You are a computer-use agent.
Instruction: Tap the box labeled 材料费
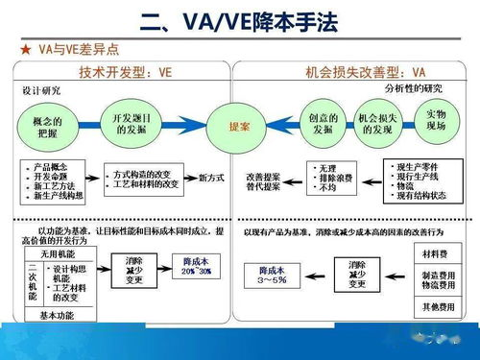click(434, 253)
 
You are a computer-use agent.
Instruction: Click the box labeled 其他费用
click(434, 309)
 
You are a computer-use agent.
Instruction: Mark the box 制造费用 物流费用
click(434, 281)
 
